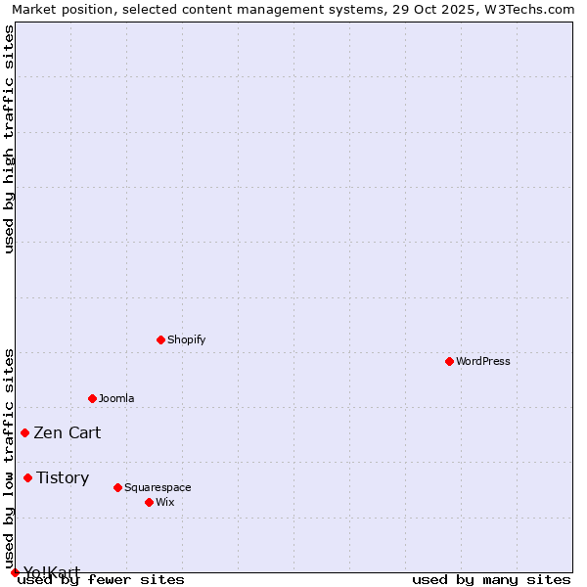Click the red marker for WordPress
449,361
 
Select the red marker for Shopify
160,339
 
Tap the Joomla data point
92,398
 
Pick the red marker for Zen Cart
24,432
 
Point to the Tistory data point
27,477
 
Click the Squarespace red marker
117,487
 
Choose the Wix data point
149,502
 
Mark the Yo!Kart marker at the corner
15,572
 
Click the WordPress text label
483,361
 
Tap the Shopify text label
187,339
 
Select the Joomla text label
116,398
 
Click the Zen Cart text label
68,432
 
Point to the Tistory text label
63,477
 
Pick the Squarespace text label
158,487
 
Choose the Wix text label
165,502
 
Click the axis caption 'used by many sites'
491,579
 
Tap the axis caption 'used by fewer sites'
102,579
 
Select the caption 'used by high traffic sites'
10,139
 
